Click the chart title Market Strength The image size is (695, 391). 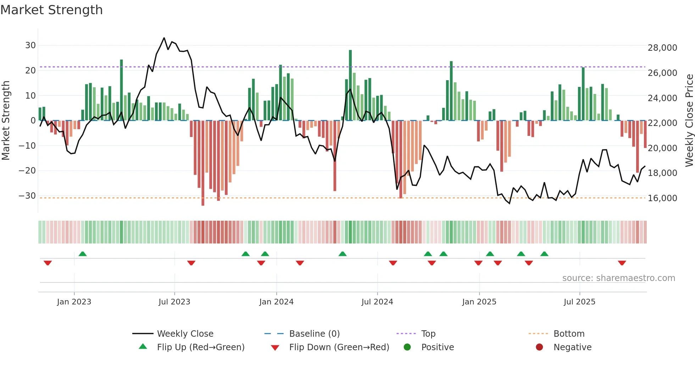point(51,10)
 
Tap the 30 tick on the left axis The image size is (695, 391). point(30,45)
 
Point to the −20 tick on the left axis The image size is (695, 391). point(27,171)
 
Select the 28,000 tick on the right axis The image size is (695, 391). point(662,48)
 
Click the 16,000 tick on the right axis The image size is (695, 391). point(662,198)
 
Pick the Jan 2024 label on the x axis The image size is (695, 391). point(276,302)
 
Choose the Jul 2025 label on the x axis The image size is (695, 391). point(579,302)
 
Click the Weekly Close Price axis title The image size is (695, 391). point(689,120)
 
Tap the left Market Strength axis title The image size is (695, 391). point(6,120)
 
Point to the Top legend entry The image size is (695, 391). point(428,334)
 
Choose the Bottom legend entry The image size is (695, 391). point(569,334)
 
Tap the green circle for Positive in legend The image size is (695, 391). point(407,347)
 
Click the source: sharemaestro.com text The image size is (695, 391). point(618,278)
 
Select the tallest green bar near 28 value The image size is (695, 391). point(350,85)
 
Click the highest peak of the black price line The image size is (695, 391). point(164,38)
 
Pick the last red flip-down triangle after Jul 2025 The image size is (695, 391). point(622,263)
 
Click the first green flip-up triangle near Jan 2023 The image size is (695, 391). point(82,254)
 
